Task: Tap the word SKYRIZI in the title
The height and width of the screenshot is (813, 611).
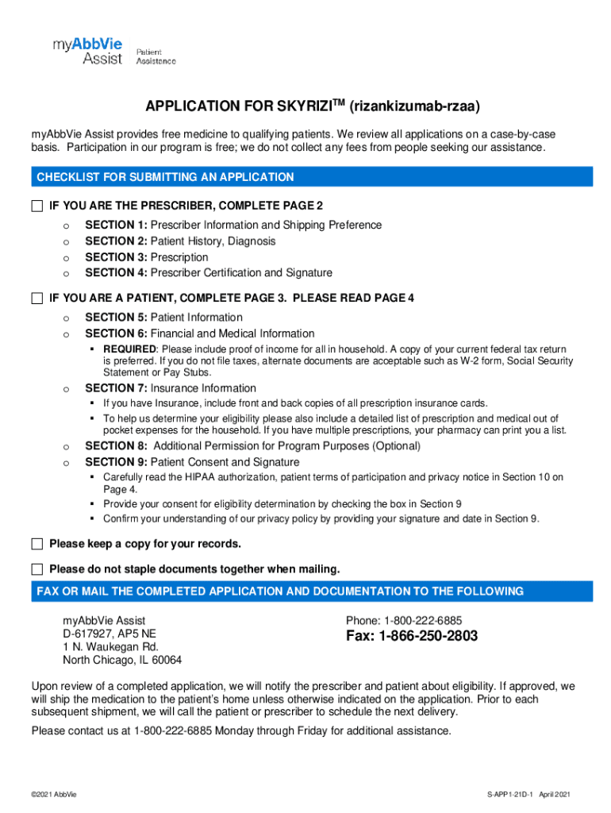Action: (x=305, y=106)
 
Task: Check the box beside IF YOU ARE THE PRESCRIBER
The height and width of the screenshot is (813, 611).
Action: (x=37, y=206)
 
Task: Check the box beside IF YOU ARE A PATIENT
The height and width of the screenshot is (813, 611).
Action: (x=37, y=299)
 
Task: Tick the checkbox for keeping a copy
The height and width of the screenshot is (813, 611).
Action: (x=37, y=544)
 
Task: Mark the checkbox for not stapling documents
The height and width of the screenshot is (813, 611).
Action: (x=37, y=569)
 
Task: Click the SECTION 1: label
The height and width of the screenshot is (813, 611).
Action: (x=116, y=225)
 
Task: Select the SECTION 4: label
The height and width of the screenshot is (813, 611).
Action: (x=116, y=273)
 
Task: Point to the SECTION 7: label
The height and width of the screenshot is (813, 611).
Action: (x=116, y=388)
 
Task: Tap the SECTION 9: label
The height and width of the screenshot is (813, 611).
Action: (x=116, y=462)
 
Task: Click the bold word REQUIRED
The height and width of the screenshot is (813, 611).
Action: (x=129, y=349)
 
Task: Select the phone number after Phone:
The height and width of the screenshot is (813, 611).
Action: (x=423, y=620)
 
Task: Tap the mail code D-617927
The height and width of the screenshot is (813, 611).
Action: (x=89, y=634)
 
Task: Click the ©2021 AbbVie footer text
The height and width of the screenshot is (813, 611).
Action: (x=54, y=795)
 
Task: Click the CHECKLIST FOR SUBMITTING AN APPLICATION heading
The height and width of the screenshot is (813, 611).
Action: (x=165, y=177)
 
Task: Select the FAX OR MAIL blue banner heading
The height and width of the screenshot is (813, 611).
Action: (x=280, y=591)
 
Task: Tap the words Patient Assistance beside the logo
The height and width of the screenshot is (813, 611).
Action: (x=156, y=56)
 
